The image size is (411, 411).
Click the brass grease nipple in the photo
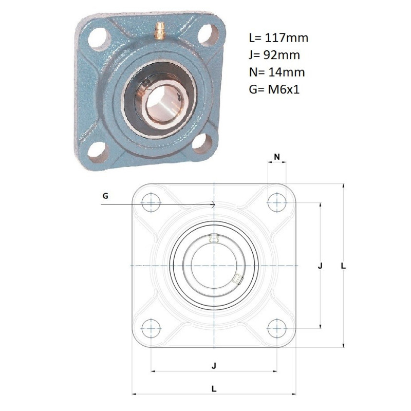pyautogui.click(x=160, y=31)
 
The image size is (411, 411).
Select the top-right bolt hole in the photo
pyautogui.click(x=208, y=34)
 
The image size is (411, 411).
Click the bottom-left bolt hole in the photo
pyautogui.click(x=98, y=152)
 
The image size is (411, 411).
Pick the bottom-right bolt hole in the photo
pyautogui.click(x=202, y=143)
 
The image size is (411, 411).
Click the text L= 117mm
pyautogui.click(x=278, y=38)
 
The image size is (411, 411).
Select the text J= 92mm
pyautogui.click(x=274, y=55)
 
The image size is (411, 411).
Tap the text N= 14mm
pyautogui.click(x=277, y=72)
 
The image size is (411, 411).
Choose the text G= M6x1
pyautogui.click(x=274, y=89)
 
